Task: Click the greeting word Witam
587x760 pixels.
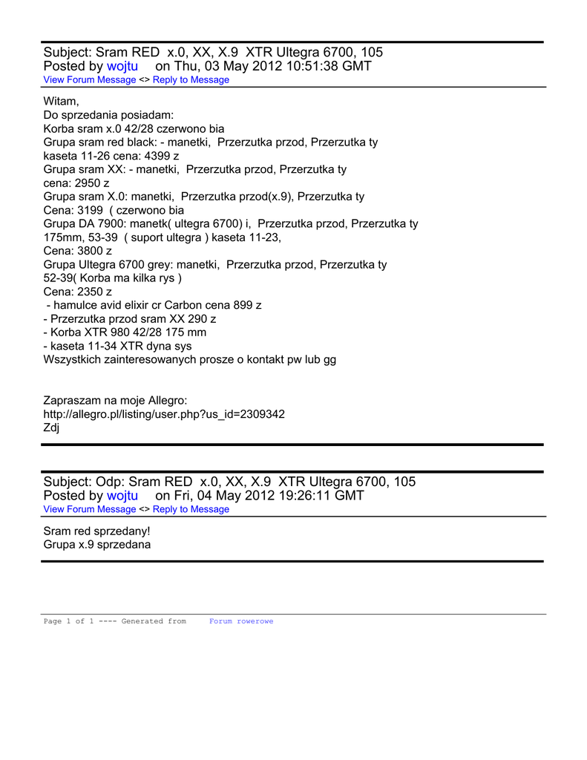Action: [x=61, y=101]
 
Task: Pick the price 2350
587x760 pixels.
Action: [x=88, y=292]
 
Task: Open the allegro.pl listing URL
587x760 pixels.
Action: [x=164, y=414]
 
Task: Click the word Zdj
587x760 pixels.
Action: [x=51, y=427]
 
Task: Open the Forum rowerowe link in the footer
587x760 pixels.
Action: [x=241, y=621]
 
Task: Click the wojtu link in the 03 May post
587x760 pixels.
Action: [x=122, y=66]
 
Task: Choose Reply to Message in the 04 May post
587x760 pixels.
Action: [x=191, y=509]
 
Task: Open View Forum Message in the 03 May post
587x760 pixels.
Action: [x=90, y=80]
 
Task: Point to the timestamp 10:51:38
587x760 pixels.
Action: [x=308, y=66]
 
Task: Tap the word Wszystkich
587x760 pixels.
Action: [x=73, y=359]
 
